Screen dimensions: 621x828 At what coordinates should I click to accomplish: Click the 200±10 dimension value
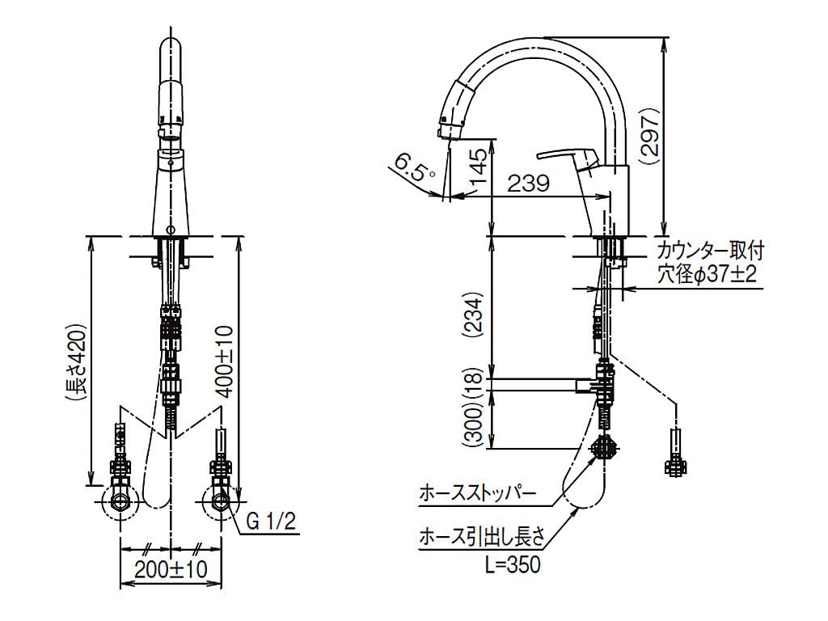[x=171, y=569]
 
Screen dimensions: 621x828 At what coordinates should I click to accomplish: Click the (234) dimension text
[x=478, y=311]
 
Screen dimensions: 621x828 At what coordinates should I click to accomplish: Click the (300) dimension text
[x=478, y=425]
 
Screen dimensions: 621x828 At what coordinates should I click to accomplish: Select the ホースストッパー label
[x=478, y=492]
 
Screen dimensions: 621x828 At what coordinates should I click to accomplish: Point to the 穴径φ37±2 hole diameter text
[x=706, y=275]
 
